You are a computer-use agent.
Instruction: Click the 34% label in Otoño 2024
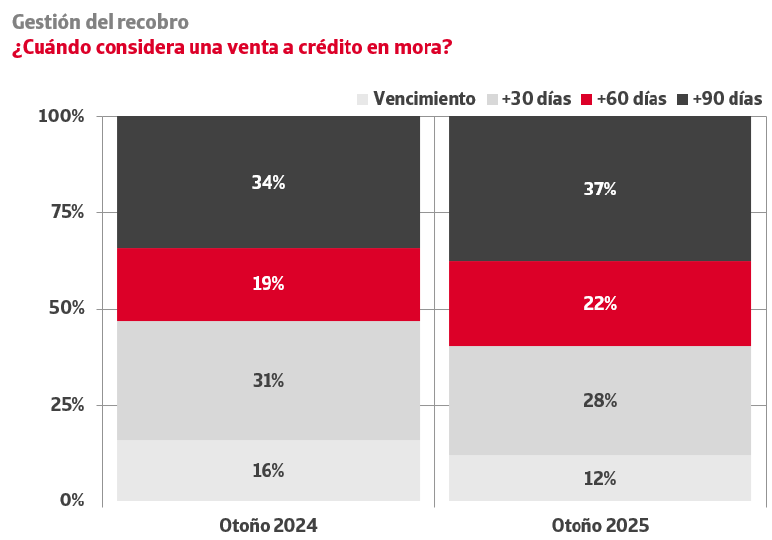tap(269, 182)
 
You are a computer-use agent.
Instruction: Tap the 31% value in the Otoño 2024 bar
tap(269, 380)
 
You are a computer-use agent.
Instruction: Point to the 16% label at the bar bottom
tap(269, 470)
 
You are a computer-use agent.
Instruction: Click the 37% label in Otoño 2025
tap(600, 189)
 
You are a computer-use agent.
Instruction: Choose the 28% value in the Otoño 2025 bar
tap(600, 400)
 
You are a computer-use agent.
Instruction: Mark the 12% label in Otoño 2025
tap(600, 478)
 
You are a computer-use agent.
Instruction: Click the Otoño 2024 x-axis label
tap(269, 524)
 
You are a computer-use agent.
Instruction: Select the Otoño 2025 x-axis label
tap(600, 524)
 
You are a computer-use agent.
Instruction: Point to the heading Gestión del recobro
tap(100, 21)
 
